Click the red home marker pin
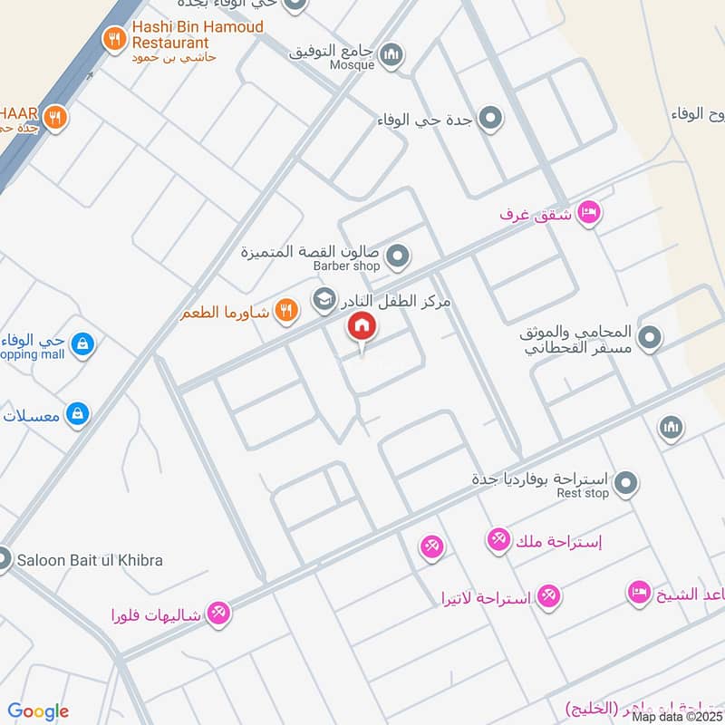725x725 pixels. pos(362,327)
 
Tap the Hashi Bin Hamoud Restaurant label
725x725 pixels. pos(198,34)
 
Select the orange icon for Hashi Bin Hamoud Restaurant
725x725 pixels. pos(113,38)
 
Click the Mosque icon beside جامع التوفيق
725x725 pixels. pos(391,55)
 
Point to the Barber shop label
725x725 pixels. pos(346,266)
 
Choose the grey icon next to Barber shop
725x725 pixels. pos(397,258)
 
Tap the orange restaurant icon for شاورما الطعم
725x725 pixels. pos(286,310)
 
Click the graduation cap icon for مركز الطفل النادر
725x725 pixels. pos(324,297)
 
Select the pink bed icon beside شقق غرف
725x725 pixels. pos(589,213)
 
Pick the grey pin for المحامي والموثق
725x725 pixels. pos(649,339)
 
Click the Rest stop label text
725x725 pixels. pos(583,494)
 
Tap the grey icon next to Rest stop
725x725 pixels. pos(624,485)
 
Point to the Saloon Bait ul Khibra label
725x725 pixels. pos(90,560)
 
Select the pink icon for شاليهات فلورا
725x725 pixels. pos(217,614)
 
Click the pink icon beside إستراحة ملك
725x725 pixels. pos(498,541)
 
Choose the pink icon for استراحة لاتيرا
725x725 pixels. pos(547,596)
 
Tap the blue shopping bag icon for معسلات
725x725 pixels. pos(78,414)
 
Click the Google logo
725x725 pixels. pos(38,711)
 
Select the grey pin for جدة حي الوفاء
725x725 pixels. pos(490,119)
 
